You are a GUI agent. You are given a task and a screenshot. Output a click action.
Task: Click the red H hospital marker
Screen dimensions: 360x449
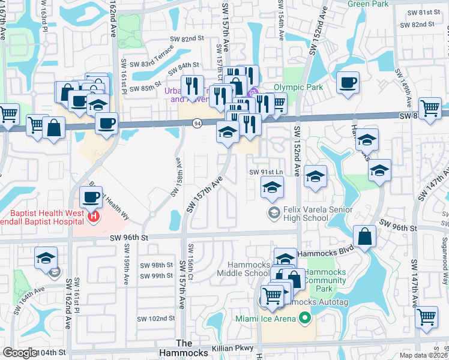point(93,217)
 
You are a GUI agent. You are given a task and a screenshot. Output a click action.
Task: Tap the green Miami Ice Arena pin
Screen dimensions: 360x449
point(305,318)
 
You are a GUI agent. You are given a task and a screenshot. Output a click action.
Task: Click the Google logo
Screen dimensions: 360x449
point(20,353)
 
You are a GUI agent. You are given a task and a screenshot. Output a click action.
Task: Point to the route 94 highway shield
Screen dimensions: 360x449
point(197,123)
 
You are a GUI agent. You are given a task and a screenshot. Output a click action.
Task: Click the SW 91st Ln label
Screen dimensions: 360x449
point(266,172)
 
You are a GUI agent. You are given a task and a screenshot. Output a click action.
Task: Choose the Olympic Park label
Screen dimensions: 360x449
point(298,87)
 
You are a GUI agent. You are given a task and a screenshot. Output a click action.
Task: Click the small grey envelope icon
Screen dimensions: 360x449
point(55,273)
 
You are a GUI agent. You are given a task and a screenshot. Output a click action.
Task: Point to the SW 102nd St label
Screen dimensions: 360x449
point(155,319)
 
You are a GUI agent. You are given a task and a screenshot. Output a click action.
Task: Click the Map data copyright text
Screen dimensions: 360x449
point(424,355)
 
